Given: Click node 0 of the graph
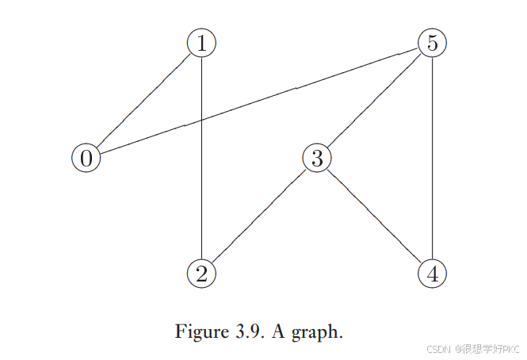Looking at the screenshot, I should click(x=86, y=158).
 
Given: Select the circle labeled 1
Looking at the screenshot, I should click(x=202, y=43).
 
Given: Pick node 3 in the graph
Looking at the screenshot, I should click(x=317, y=158).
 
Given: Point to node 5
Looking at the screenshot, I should click(x=432, y=43).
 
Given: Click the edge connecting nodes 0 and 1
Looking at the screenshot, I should click(x=143, y=101).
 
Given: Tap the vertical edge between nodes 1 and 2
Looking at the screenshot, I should click(x=202, y=198).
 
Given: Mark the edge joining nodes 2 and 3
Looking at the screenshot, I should click(x=259, y=216).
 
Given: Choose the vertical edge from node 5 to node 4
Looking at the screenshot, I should click(x=432, y=159).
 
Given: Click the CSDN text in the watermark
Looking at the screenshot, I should click(x=437, y=349).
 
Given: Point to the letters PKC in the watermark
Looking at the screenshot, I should click(x=507, y=349).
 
